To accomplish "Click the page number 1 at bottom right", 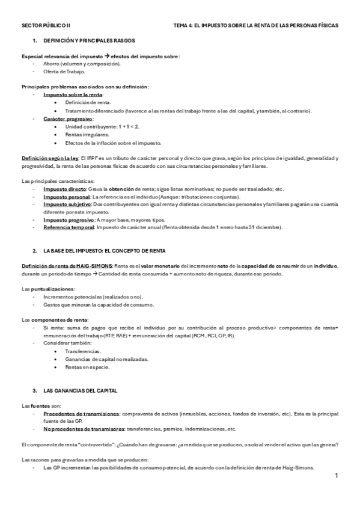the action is point(337,476).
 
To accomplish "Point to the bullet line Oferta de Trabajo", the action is point(64,72).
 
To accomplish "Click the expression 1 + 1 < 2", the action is point(127,127).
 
